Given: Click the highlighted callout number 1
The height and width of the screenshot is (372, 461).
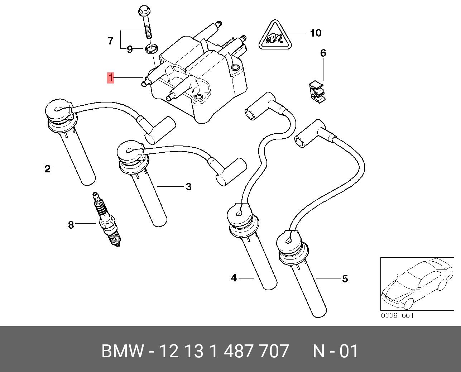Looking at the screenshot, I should tap(110, 77).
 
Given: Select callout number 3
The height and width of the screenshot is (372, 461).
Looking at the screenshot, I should tap(188, 187).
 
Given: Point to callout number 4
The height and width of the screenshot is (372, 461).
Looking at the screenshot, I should tap(234, 278).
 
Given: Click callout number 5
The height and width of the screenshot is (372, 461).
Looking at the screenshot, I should tap(345, 278).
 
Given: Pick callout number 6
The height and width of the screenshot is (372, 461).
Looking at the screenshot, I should tap(323, 53).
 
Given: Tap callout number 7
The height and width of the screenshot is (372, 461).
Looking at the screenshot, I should tap(111, 40).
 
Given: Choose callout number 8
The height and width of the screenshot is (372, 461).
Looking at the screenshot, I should tap(71, 225).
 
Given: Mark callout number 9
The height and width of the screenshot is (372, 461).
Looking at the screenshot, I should tap(130, 49).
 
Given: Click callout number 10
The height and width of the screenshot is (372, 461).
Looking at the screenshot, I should tap(316, 33).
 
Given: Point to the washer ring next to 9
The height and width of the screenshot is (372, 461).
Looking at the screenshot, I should tap(152, 49).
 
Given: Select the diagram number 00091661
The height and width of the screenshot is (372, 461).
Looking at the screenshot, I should tap(397, 316).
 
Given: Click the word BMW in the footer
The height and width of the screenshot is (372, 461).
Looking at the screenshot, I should tap(122, 351).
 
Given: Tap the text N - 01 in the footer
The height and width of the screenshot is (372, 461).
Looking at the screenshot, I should tap(336, 351).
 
